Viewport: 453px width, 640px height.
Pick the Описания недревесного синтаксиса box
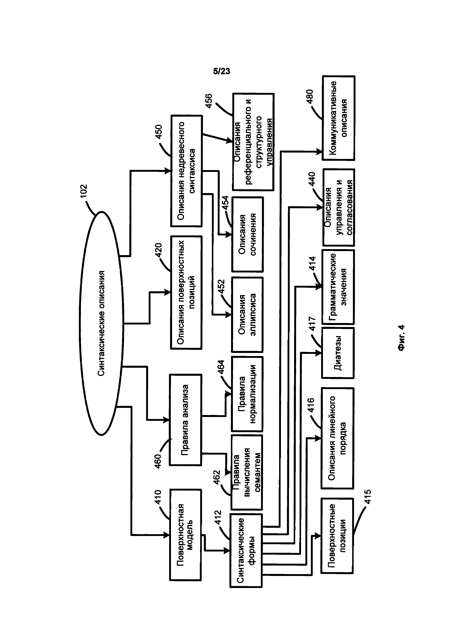[186, 171]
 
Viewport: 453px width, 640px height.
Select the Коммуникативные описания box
[338, 118]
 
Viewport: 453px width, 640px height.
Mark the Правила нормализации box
[247, 394]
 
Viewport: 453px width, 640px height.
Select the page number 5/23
[222, 71]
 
